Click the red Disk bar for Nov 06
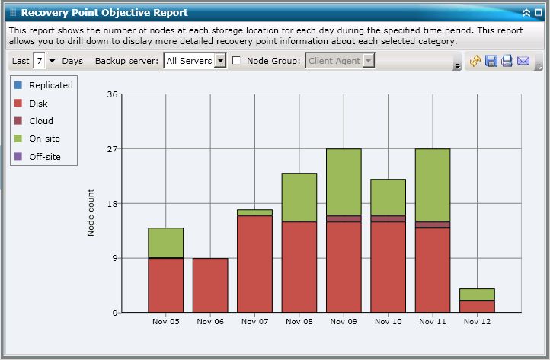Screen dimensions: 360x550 click(210, 285)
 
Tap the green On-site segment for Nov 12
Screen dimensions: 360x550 click(477, 295)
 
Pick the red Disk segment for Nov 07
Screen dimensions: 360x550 click(254, 263)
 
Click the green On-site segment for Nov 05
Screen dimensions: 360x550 click(165, 243)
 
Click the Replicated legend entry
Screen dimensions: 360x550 click(50, 86)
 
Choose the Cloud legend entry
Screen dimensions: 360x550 click(41, 121)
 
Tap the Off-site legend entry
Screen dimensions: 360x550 click(44, 157)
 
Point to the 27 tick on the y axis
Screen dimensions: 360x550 click(112, 149)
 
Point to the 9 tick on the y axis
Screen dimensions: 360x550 click(114, 258)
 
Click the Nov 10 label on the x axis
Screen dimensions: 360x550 click(388, 322)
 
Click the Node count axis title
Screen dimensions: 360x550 click(91, 212)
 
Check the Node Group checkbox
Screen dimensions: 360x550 click(237, 61)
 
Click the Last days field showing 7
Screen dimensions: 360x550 click(39, 61)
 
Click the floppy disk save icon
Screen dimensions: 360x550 click(491, 61)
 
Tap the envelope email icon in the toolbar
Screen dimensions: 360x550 click(523, 61)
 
